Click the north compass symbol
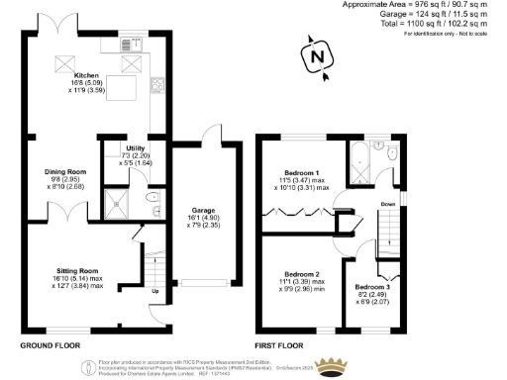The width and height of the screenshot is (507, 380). point(316,57)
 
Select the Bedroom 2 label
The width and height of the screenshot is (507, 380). point(302,273)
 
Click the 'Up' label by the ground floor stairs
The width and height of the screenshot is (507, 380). point(154,292)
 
